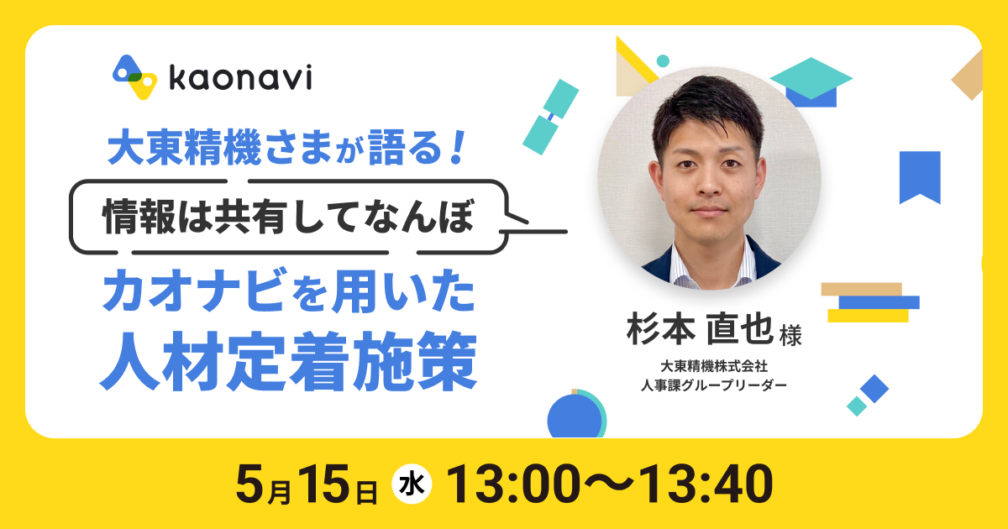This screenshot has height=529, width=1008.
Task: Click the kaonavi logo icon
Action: [134, 77]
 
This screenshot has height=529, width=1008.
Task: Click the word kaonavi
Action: [240, 78]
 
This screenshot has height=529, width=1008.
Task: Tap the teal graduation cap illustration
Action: [811, 82]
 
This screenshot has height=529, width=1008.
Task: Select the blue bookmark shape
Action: [920, 177]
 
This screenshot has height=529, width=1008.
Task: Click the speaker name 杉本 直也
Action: [700, 329]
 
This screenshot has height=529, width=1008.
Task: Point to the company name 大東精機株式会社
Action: [714, 366]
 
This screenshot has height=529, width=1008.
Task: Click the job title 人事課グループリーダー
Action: [714, 385]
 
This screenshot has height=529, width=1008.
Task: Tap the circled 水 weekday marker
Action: [412, 484]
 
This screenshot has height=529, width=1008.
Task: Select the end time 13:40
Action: [705, 484]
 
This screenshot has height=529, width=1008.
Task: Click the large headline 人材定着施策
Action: [288, 361]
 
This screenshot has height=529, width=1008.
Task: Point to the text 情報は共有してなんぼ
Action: [288, 217]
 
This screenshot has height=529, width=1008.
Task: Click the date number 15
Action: [323, 484]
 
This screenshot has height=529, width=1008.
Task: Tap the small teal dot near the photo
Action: [663, 60]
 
